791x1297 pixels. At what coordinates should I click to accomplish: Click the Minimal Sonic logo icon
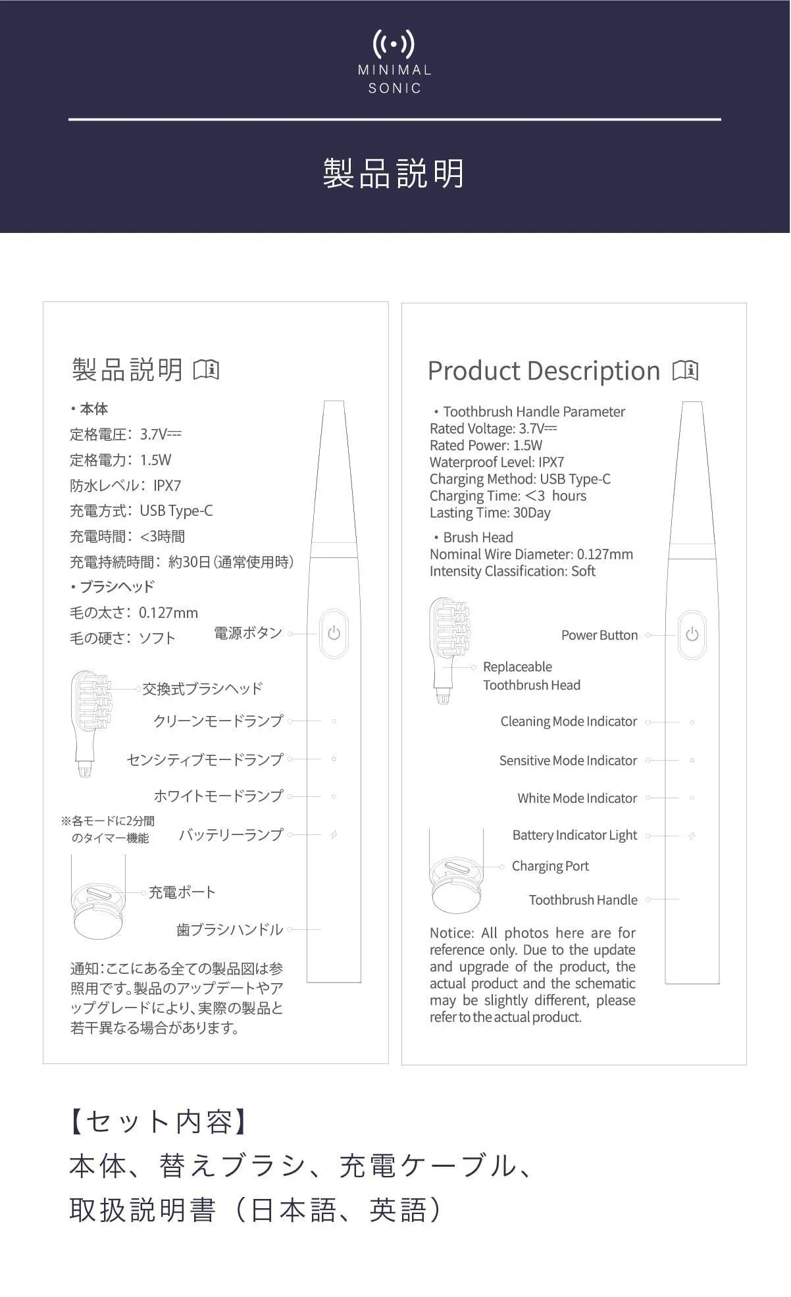[x=394, y=44]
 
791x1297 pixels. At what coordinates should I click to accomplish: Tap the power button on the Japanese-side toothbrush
[x=334, y=633]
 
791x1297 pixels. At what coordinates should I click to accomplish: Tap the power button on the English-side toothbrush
[x=692, y=634]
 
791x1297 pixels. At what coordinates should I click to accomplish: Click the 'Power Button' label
[x=599, y=635]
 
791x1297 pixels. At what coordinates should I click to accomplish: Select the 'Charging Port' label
[x=550, y=866]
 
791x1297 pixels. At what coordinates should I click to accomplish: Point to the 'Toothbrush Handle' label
[x=583, y=900]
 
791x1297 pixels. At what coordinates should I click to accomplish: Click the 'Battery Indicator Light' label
[x=574, y=835]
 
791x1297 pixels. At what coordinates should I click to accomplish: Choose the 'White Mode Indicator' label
[x=577, y=798]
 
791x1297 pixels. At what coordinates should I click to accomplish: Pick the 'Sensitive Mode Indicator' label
[x=568, y=761]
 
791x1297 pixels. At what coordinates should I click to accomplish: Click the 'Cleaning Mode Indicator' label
[x=569, y=722]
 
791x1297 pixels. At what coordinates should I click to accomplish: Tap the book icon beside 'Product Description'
[x=685, y=370]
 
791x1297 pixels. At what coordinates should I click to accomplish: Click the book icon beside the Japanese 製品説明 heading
[x=206, y=369]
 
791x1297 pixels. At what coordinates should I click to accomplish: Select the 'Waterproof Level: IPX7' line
[x=497, y=462]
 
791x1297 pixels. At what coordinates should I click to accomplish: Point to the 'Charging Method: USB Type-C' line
[x=520, y=479]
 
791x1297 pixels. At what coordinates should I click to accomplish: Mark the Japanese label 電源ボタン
[x=248, y=633]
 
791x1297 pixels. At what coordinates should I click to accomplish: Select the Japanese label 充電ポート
[x=182, y=892]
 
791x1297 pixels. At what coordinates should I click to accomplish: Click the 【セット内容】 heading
[x=158, y=1121]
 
